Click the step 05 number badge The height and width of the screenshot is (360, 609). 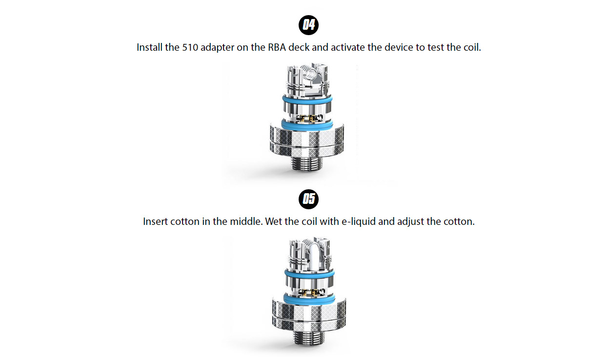click(x=308, y=199)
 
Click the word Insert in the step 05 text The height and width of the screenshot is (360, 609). click(x=155, y=221)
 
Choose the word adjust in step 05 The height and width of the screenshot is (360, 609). click(x=410, y=221)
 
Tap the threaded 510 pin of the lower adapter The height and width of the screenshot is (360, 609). click(x=308, y=336)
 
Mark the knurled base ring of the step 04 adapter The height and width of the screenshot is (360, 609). click(x=307, y=139)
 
